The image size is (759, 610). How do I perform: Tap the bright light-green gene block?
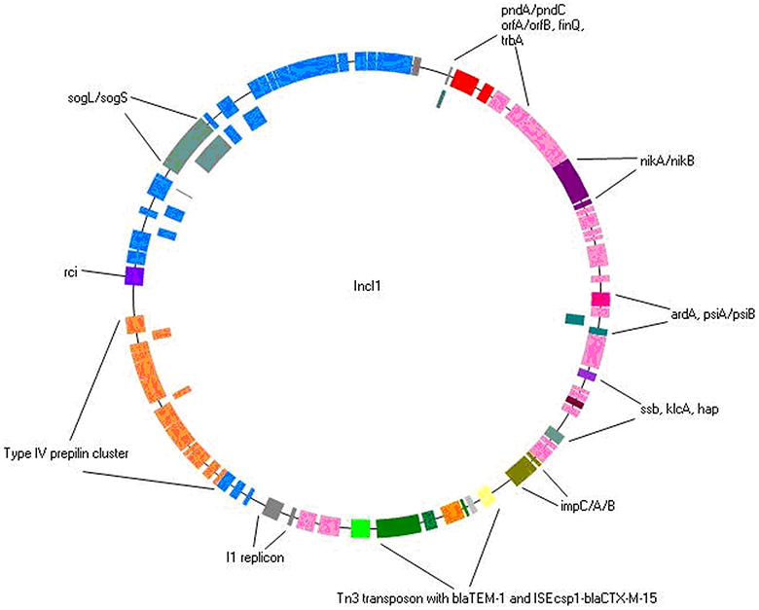(x=359, y=527)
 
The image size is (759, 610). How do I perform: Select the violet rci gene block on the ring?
(x=135, y=275)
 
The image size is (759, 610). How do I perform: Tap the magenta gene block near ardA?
(x=600, y=300)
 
